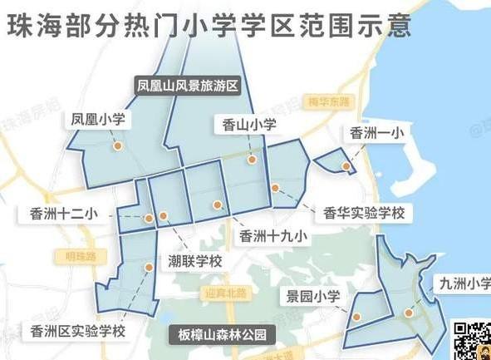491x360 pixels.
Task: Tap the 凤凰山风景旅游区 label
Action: [x=189, y=86]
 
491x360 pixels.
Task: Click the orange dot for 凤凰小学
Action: [x=118, y=145]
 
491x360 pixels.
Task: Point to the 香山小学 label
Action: [x=248, y=126]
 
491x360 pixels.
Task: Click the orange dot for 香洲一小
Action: [x=346, y=166]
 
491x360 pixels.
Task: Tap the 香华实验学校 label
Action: [x=362, y=213]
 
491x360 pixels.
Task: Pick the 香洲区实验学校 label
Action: [x=76, y=332]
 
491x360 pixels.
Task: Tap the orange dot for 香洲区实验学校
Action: [x=149, y=267]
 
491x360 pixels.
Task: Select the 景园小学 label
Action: [x=313, y=296]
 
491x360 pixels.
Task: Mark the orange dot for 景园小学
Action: [x=356, y=317]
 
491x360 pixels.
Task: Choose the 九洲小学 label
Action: [x=464, y=284]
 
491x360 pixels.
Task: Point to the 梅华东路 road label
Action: [x=327, y=102]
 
